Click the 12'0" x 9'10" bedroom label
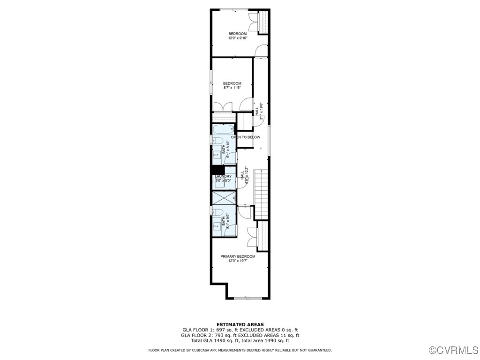click(238, 36)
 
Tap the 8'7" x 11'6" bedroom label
click(232, 86)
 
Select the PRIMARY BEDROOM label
click(238, 258)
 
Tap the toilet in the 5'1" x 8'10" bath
click(217, 141)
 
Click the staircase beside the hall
click(261, 195)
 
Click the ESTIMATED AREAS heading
click(240, 324)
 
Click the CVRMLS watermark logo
click(454, 350)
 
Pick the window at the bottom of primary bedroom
click(247, 298)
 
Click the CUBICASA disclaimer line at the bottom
click(240, 350)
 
